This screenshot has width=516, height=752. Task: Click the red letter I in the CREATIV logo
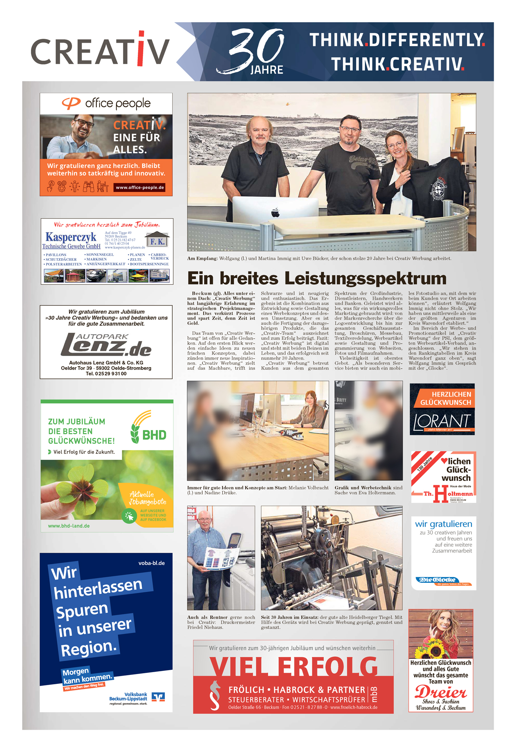click(141, 49)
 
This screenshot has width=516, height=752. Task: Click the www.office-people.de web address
click(140, 188)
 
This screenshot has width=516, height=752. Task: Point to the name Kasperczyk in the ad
click(71, 237)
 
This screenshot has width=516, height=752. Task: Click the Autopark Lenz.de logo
click(106, 345)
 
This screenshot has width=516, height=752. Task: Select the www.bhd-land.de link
click(69, 526)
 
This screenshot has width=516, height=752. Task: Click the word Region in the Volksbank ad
click(88, 649)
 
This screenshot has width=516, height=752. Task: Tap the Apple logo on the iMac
click(275, 212)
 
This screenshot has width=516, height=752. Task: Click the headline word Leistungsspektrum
click(365, 278)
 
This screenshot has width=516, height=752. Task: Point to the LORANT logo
click(442, 422)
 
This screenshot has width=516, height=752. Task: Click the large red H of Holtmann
click(441, 493)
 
